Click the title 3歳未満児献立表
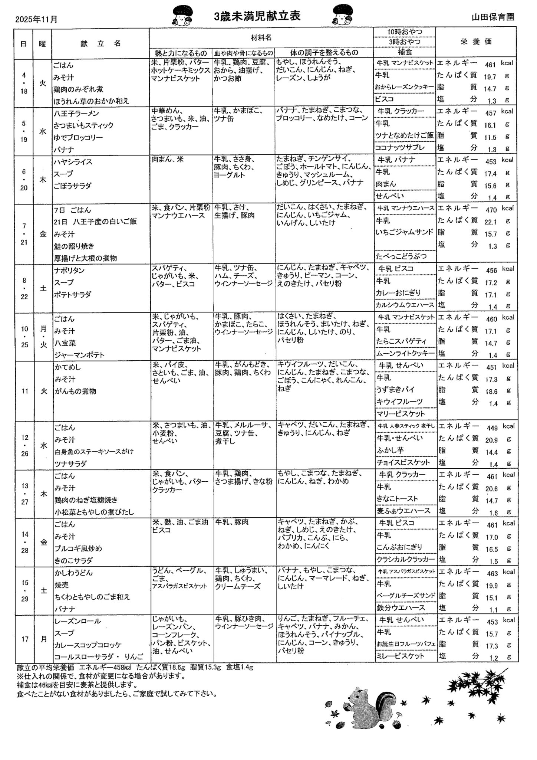pos(257,16)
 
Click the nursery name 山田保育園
pos(493,17)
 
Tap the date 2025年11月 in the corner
pos(36,19)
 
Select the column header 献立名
pos(101,43)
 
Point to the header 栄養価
pos(476,42)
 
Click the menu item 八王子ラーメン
pos(76,113)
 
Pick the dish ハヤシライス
pos(73,162)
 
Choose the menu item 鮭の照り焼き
pos(74,246)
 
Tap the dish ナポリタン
pos(69,270)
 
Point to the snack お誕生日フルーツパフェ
pos(405,644)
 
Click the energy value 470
pos(491,210)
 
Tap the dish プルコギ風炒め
pos(78,548)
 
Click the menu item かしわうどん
pos(73,573)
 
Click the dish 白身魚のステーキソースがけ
pos(94,452)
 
